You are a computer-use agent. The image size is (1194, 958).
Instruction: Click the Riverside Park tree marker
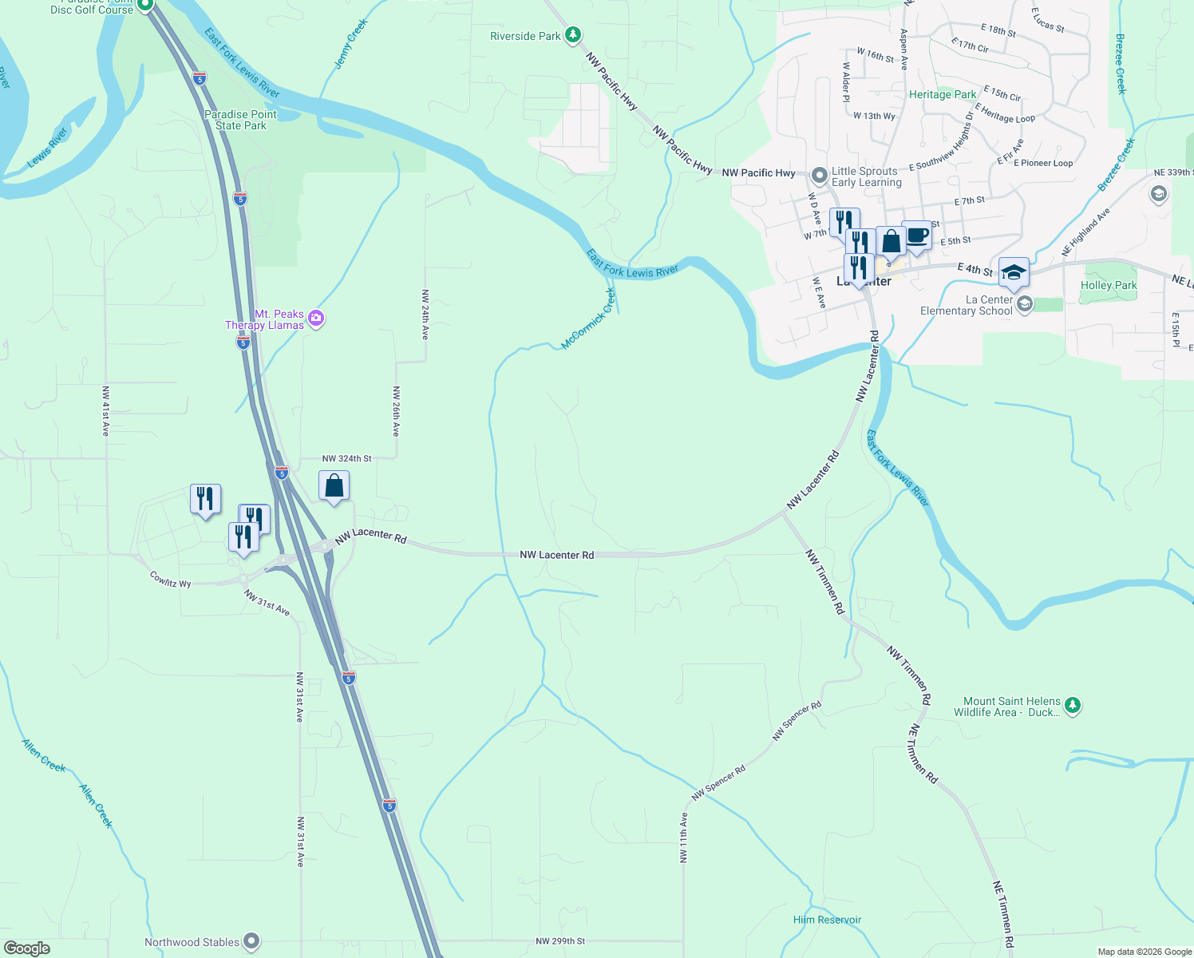(572, 35)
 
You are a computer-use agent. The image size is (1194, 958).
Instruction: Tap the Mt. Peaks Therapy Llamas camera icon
(316, 319)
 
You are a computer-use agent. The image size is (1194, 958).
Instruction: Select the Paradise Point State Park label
(240, 120)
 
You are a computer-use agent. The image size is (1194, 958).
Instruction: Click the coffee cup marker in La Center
(916, 236)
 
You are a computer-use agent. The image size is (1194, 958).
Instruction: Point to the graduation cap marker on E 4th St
(1014, 272)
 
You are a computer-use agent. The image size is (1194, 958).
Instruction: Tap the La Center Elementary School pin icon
(1025, 303)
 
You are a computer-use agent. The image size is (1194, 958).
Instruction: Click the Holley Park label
(1109, 285)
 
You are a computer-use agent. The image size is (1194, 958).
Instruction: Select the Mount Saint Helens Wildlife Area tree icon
(1073, 705)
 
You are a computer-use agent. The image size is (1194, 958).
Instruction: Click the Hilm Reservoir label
(827, 920)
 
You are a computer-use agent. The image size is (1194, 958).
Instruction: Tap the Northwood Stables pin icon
(251, 942)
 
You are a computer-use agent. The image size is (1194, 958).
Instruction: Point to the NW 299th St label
(560, 941)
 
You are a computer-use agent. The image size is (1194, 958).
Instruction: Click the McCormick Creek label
(588, 319)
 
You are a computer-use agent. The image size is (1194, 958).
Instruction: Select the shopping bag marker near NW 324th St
(334, 485)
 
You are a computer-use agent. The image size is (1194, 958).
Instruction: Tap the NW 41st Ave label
(105, 411)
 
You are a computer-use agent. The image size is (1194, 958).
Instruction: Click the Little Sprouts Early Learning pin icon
(819, 175)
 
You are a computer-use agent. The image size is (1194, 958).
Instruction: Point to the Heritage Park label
(943, 94)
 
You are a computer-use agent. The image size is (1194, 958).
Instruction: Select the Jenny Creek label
(350, 44)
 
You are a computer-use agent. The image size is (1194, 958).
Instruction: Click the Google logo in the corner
(27, 948)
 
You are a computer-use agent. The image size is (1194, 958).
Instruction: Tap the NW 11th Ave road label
(683, 837)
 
